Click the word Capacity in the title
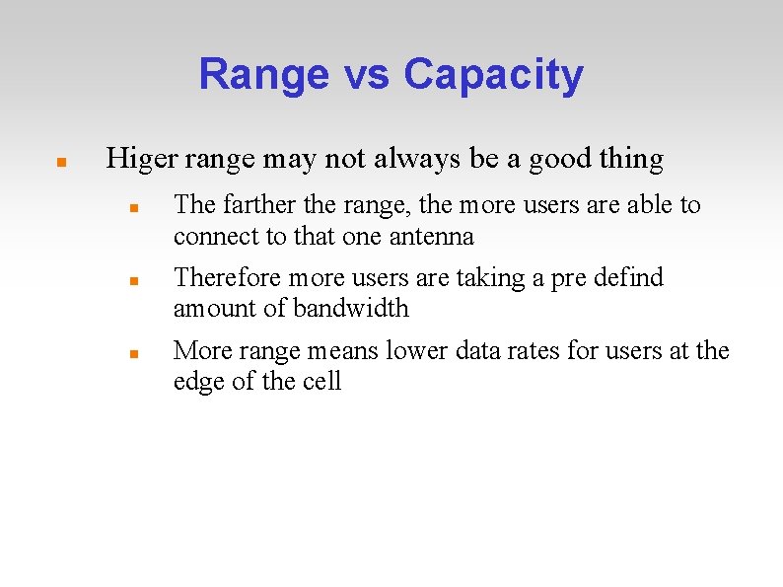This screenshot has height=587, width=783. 493,75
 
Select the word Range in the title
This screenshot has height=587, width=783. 264,75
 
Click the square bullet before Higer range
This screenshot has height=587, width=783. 60,160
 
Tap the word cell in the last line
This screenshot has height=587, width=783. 321,381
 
